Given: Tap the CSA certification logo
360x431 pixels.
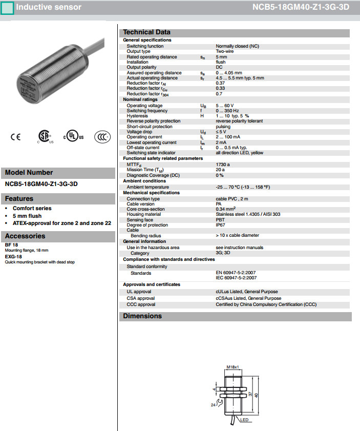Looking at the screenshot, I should coord(44,136).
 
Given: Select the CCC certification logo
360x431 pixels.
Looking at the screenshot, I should coord(101,137).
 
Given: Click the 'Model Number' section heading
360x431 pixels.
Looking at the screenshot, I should coord(29,173).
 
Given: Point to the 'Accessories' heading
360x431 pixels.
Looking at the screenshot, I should coord(25,236).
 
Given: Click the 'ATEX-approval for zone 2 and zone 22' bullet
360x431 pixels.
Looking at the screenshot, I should coord(62,223).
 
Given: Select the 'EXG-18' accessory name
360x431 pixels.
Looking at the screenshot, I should coord(13,256).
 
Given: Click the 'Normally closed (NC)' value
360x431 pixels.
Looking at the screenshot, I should coord(237,46).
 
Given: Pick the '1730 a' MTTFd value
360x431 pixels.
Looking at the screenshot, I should coord(223,164).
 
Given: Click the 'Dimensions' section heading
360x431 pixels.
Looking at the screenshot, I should coord(142,316).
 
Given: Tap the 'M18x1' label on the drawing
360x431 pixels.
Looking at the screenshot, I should coord(233,367).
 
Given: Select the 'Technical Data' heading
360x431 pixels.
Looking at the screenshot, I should coord(146,32).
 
